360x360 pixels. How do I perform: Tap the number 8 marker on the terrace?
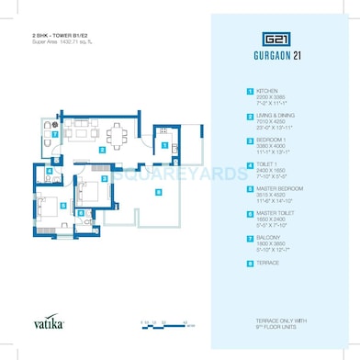158,191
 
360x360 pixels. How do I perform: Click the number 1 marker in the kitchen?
164,144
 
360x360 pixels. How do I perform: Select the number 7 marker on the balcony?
55,134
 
